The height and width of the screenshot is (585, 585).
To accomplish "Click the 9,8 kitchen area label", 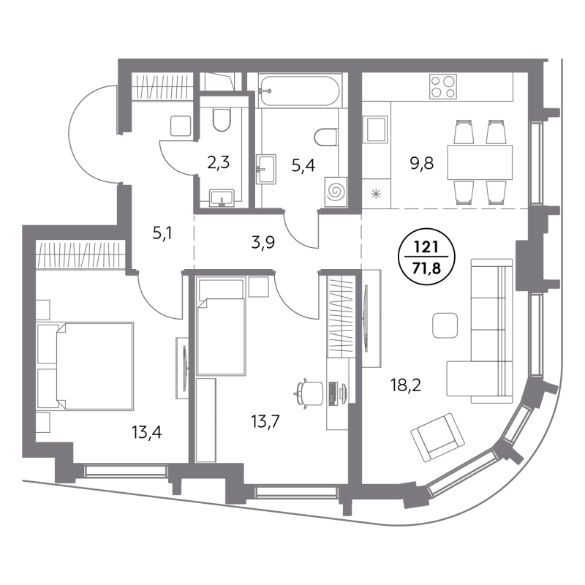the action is coord(422,163).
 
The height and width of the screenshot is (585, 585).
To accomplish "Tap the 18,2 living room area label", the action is coord(406,385).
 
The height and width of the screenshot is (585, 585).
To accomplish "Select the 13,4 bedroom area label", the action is coord(147,432).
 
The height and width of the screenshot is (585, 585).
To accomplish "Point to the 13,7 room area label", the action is coord(265,422).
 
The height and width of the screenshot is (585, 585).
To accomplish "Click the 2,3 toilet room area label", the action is coord(218,162).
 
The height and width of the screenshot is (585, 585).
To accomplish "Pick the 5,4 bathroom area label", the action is coord(303,165).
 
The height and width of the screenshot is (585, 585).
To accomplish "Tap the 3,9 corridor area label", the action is coord(263,243).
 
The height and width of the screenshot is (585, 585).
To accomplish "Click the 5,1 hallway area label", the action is coord(162,234).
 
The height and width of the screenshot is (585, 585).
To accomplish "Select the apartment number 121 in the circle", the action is coord(426,247).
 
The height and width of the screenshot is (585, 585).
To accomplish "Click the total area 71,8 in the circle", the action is coord(426,267).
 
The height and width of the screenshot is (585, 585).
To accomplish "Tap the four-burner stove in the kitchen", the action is coord(443,86).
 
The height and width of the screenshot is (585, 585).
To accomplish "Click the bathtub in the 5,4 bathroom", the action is coord(299,91).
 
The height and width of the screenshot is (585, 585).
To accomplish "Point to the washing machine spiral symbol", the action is coord(335,192).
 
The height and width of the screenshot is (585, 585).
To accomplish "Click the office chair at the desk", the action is coord(309,393).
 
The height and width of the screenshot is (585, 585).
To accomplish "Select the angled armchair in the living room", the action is coord(437,437).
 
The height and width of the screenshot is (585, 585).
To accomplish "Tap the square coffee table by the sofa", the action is coord(445,325).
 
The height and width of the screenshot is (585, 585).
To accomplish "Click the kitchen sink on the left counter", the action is coord(376,129).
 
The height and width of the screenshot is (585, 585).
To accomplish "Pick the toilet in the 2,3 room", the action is coord(222,120).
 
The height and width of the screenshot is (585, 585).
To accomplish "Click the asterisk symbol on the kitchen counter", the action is coord(376,194).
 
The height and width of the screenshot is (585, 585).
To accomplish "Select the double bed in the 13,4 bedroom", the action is coord(85,366).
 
